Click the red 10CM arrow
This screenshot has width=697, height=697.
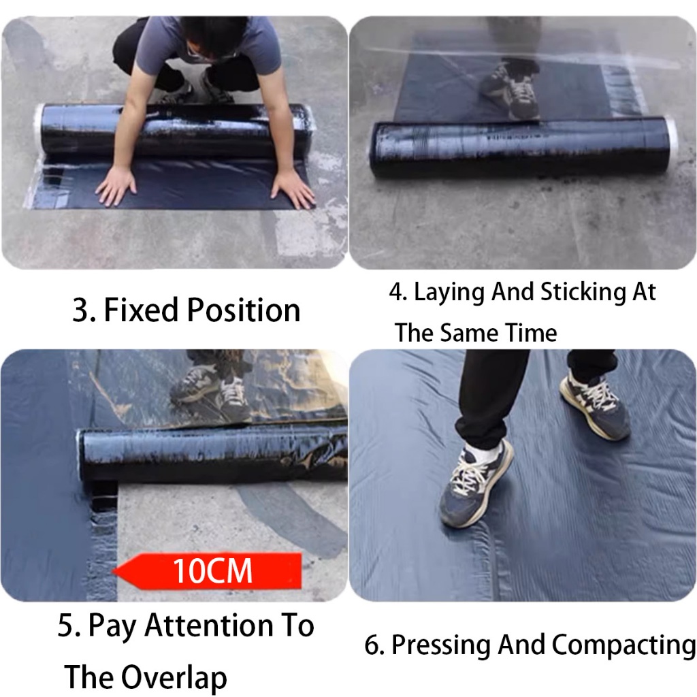click(207, 571)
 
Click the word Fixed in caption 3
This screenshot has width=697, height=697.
click(142, 310)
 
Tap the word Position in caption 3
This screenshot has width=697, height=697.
click(244, 310)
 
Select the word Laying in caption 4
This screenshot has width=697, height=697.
click(449, 293)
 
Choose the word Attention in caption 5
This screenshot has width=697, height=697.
click(209, 626)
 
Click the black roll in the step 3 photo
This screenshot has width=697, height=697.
click(174, 129)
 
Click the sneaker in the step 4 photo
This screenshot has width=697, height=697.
click(511, 91)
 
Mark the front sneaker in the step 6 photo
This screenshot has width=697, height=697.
click(476, 483)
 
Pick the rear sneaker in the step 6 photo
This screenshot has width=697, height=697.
click(596, 404)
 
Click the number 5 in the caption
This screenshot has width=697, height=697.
click(65, 626)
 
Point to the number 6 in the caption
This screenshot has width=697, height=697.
click(372, 645)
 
